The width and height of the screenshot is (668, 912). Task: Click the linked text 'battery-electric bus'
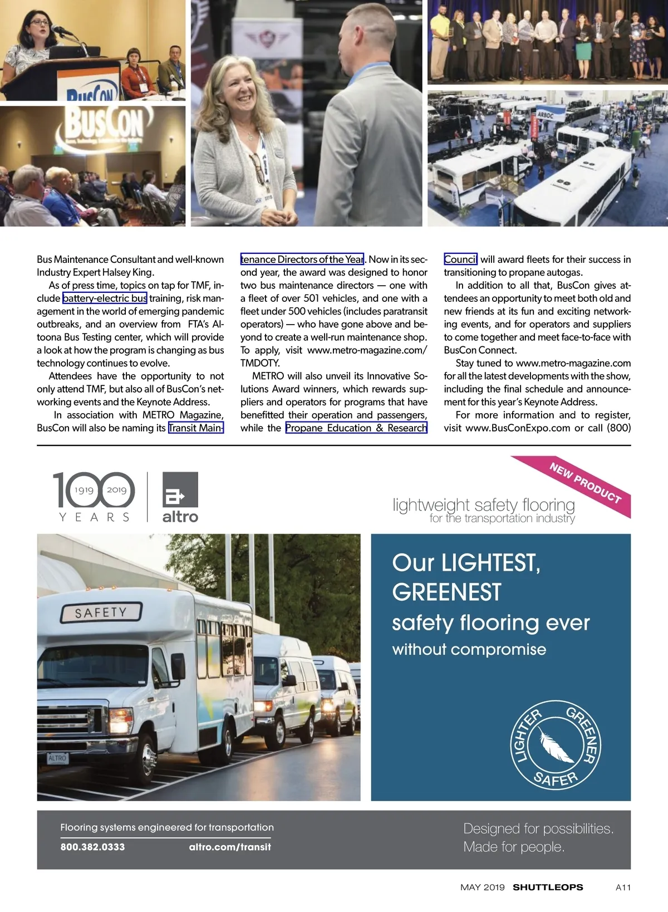pos(105,298)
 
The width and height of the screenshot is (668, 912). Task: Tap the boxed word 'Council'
pos(460,259)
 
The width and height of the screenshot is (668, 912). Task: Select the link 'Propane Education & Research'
pos(356,428)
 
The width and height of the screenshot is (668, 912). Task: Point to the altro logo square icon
pos(180,489)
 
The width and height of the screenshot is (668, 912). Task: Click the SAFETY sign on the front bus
pos(101,612)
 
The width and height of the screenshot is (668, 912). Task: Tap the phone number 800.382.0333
pos(92,847)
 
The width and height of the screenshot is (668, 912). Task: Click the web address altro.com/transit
pos(230,847)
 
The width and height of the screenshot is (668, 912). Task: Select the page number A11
pos(623,888)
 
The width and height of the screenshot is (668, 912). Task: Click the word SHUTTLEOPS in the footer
pos(548,888)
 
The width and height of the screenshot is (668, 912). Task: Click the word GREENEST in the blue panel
pos(446,592)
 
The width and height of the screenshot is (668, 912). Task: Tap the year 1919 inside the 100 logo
pos(84,490)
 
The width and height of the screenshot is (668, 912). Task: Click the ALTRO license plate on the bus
pos(57,758)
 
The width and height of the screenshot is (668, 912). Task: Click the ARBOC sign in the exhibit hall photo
pos(546,115)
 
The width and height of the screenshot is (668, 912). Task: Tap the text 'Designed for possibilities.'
pos(538,829)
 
